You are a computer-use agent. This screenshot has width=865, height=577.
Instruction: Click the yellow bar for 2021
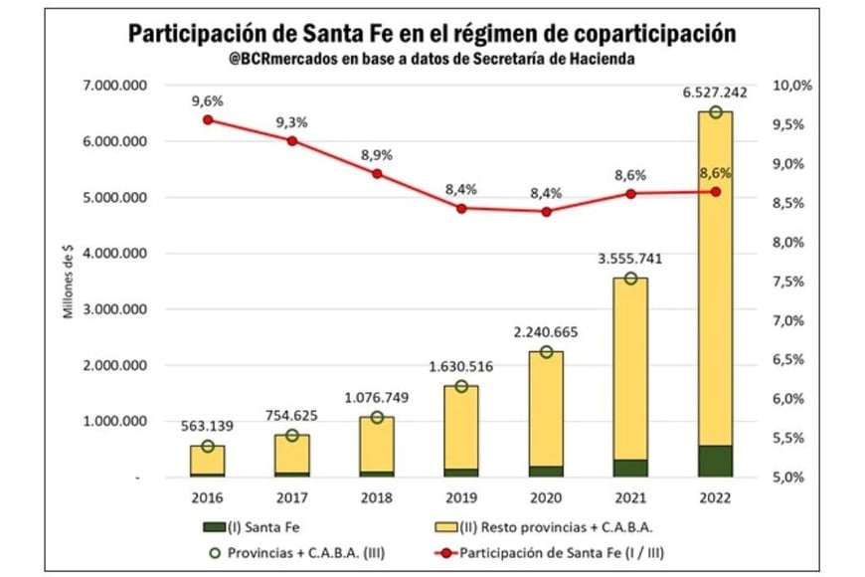click(630, 368)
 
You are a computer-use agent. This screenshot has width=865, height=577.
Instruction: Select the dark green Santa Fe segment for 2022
click(715, 461)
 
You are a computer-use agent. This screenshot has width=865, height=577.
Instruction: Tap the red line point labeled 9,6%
click(208, 119)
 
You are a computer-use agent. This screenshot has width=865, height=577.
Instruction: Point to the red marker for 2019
click(461, 208)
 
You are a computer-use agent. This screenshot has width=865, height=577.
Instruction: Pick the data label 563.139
click(207, 426)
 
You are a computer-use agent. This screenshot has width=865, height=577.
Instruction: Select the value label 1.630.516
click(460, 364)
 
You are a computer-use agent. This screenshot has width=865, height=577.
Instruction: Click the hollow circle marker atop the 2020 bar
click(546, 352)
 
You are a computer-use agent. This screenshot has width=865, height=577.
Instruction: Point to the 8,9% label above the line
click(377, 155)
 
